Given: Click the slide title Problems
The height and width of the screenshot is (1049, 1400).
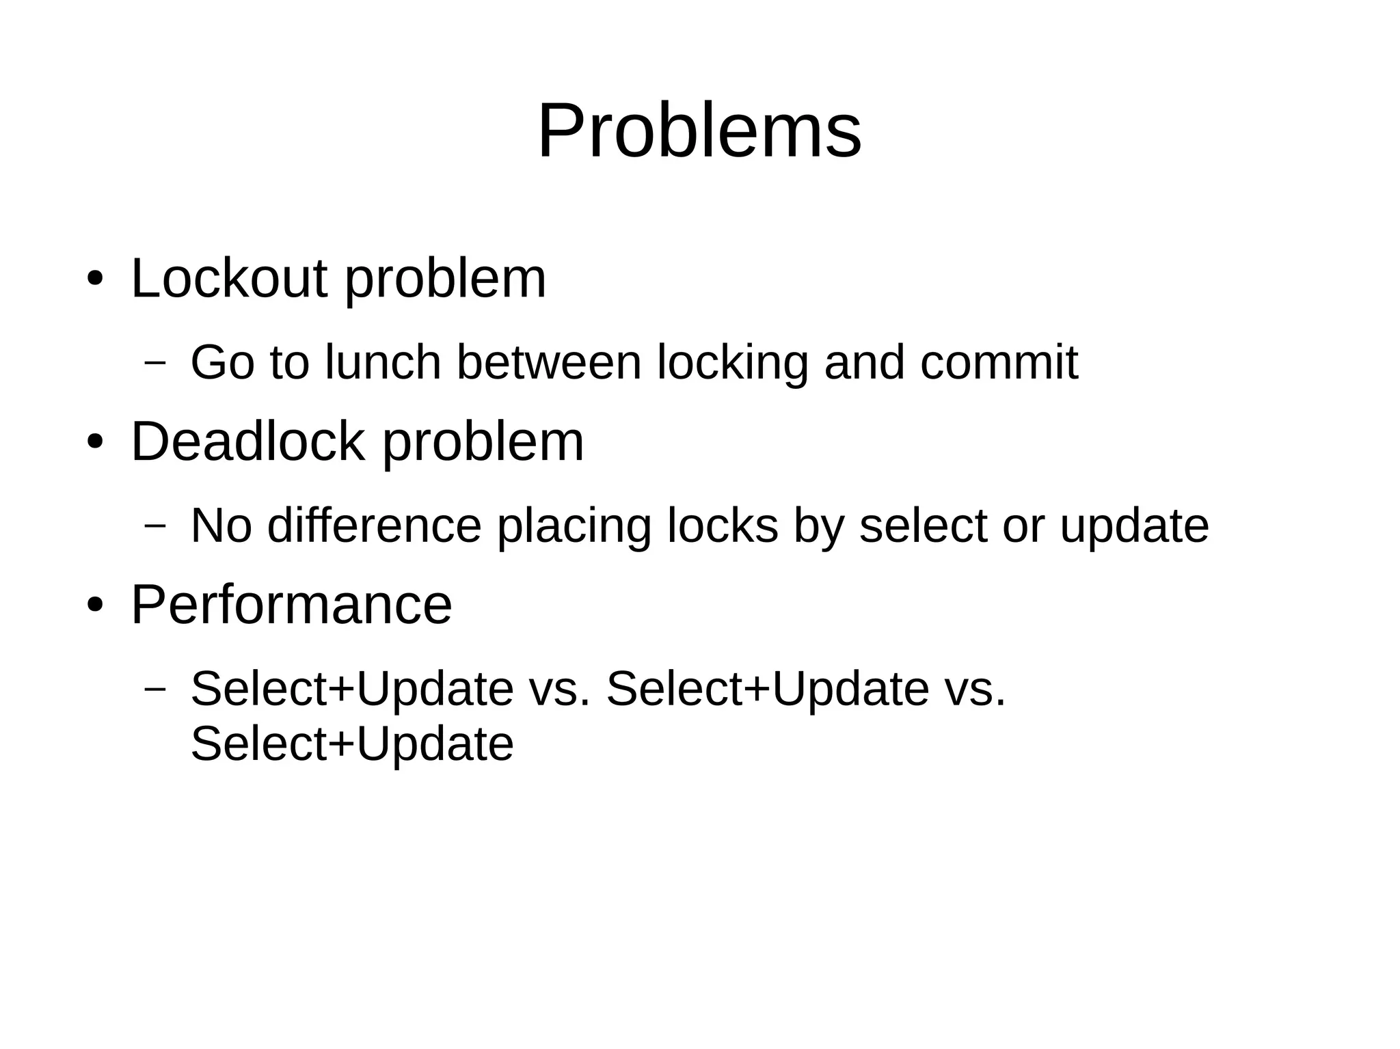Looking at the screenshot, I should (699, 131).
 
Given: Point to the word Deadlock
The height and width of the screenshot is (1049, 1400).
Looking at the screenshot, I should (247, 441).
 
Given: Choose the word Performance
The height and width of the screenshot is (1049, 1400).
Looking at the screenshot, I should (291, 604).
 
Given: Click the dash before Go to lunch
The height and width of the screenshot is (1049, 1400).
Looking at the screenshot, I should (155, 362).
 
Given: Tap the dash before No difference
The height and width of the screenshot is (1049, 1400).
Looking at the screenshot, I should (155, 525).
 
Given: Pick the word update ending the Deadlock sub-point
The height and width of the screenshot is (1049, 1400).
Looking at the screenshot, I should (1134, 526).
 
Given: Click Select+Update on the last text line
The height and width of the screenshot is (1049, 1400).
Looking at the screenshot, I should (352, 744).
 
